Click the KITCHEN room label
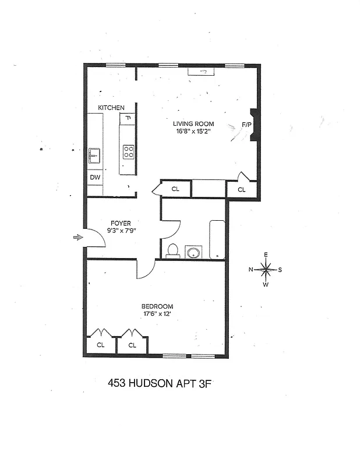pos(111,108)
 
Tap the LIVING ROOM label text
pos(193,123)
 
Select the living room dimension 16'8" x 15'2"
pos(193,132)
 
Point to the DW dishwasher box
pos(94,177)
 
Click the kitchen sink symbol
pos(94,157)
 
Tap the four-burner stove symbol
pos(128,153)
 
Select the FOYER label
pos(121,223)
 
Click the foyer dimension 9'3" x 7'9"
pos(121,231)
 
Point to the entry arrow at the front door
pos(77,237)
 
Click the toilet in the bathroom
pos(172,250)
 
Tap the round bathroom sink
pos(193,252)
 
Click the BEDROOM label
pos(157,306)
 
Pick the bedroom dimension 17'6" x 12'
pos(157,315)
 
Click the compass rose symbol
pos(266,269)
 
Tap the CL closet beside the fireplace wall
pos(242,189)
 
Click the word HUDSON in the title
pos(155,383)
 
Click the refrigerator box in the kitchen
pos(128,119)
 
